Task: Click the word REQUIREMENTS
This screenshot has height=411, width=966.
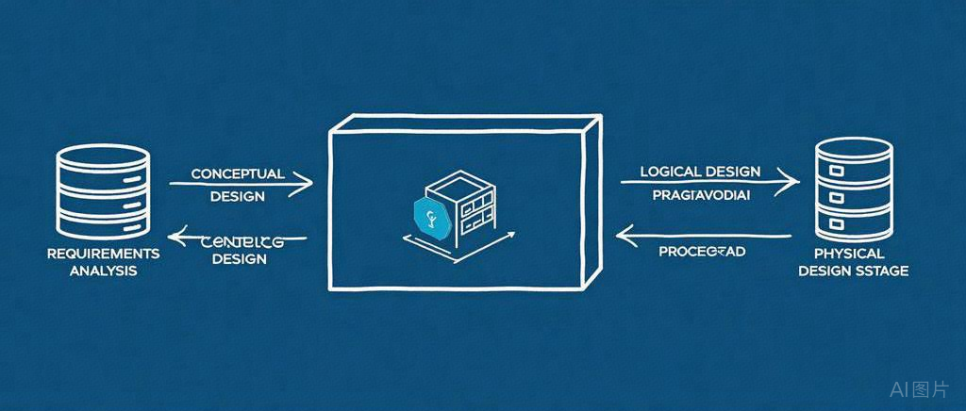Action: click(x=103, y=255)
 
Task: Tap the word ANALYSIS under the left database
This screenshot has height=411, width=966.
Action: click(x=103, y=271)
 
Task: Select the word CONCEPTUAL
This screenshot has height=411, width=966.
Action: click(x=237, y=174)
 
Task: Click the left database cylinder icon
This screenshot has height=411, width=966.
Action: click(x=103, y=193)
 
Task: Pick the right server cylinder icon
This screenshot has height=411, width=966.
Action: click(x=854, y=189)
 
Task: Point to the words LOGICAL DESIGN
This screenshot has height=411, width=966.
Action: click(x=700, y=172)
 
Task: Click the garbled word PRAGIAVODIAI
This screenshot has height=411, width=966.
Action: click(x=701, y=196)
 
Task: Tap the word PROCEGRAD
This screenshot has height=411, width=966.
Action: click(x=702, y=252)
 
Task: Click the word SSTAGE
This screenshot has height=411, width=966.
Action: click(x=879, y=271)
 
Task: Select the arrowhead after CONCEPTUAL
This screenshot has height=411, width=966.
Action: click(x=304, y=185)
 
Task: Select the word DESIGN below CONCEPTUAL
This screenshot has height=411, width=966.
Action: click(x=237, y=197)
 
